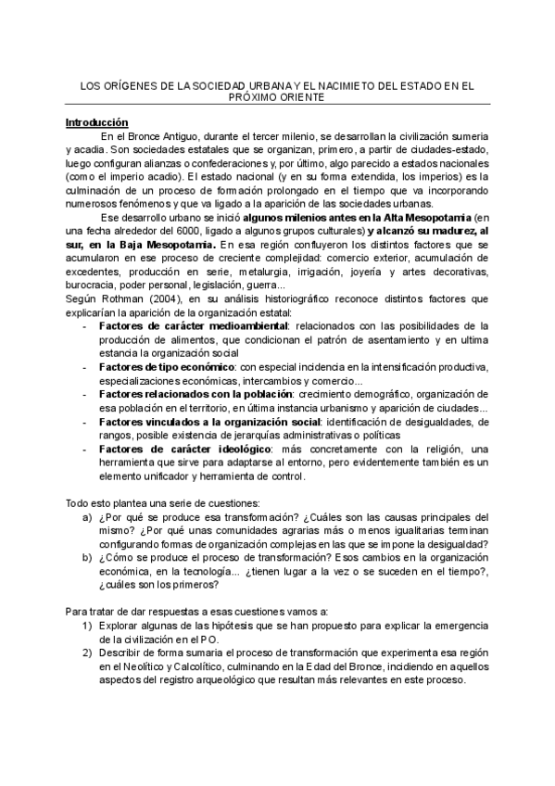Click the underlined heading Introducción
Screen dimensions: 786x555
coord(96,121)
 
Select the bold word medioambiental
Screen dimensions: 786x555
coord(242,325)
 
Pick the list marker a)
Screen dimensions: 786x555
coord(87,517)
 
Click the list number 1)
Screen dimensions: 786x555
coord(86,626)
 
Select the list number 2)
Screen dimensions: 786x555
coord(86,653)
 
